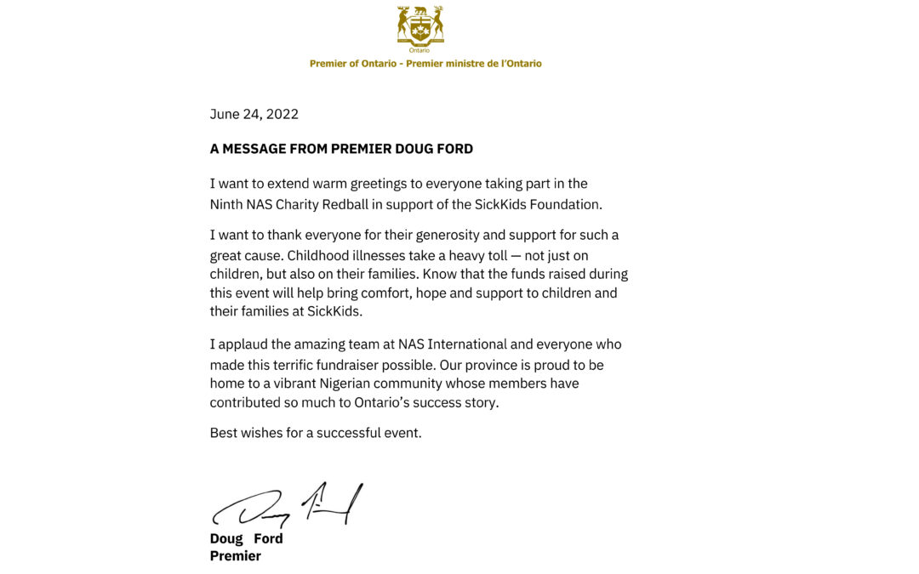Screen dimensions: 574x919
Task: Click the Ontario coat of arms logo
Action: coord(420,27)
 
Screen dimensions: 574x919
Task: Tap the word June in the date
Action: coord(225,114)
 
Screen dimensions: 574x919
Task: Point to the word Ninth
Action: coord(227,204)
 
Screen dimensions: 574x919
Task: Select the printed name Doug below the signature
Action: coord(226,538)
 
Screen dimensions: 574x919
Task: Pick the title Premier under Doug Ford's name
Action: coord(236,556)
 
